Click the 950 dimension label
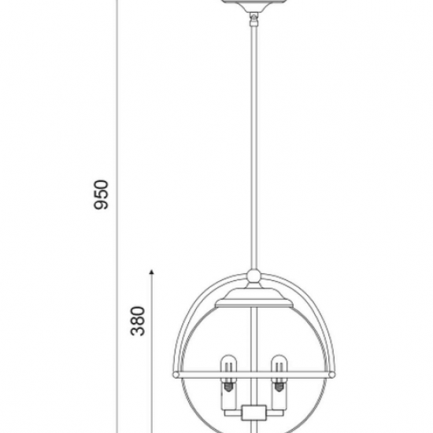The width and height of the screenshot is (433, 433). click(101, 194)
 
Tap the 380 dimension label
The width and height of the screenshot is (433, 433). click(138, 321)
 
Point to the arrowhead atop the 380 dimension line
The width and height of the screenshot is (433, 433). click(152, 272)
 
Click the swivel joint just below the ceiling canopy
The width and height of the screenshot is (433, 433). click(254, 20)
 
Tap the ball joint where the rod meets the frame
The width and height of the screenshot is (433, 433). click(254, 276)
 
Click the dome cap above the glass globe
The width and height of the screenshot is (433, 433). click(254, 298)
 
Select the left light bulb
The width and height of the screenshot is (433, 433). click(228, 368)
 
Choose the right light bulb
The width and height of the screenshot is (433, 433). click(279, 368)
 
